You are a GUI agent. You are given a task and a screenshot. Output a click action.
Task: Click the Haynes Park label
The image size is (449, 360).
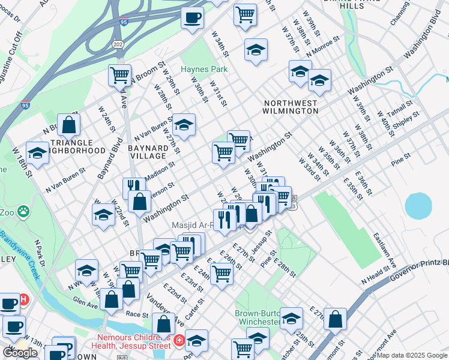[x=205, y=69]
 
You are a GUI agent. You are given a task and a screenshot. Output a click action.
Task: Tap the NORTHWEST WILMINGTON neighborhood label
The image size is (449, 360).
[x=291, y=107]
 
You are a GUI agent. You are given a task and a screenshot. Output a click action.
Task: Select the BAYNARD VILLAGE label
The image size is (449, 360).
[x=148, y=151]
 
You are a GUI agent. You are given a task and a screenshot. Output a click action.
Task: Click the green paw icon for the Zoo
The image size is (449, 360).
[x=23, y=211]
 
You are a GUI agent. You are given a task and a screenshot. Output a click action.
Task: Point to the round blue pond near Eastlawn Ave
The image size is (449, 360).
[x=418, y=206]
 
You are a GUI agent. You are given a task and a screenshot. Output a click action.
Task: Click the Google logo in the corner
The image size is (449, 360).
[x=20, y=353]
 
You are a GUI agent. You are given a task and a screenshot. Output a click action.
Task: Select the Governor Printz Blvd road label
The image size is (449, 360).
[x=420, y=268]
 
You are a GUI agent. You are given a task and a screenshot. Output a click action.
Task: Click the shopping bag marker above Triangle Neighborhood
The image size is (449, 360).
[x=69, y=125]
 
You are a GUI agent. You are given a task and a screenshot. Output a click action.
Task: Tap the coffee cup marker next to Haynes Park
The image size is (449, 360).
[x=192, y=17]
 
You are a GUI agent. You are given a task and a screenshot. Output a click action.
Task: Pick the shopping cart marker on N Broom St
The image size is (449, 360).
[x=119, y=76]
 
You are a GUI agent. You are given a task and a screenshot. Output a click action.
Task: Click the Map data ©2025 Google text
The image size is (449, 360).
[x=412, y=355]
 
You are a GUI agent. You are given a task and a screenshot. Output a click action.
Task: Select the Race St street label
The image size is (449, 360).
[x=137, y=313]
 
